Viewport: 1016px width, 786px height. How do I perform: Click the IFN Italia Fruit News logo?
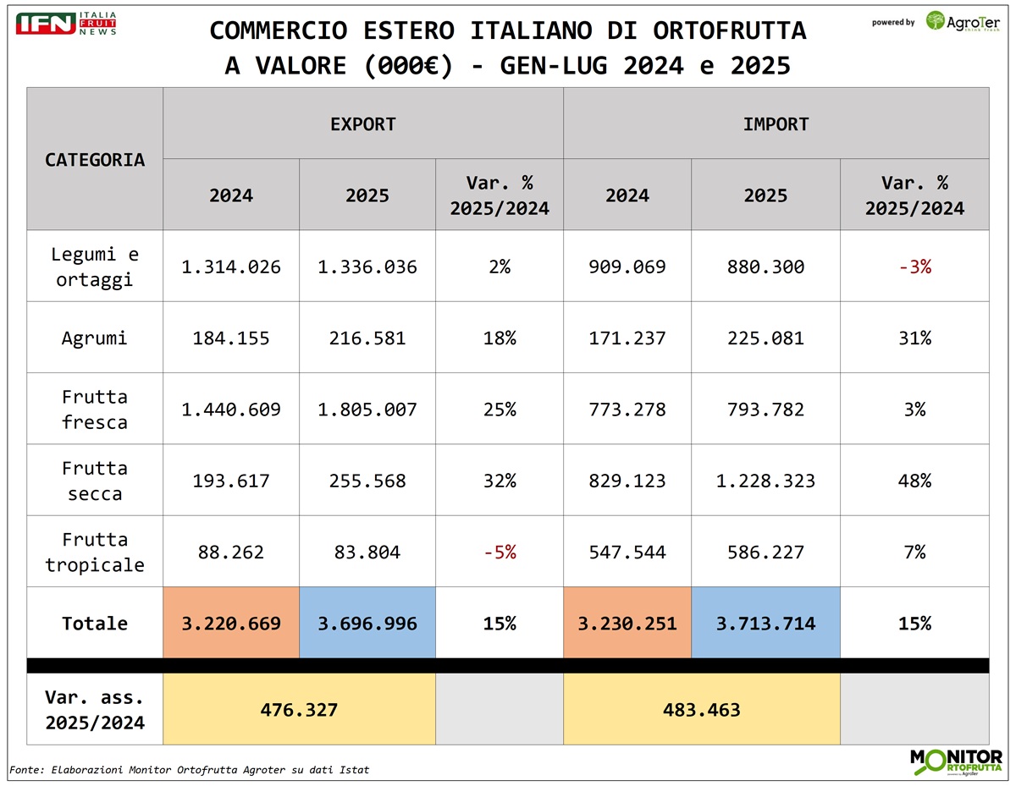point(66,24)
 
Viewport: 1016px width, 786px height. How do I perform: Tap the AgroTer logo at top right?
point(964,21)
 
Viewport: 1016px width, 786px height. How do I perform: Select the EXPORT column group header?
point(363,124)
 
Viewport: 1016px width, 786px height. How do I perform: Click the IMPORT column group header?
point(776,124)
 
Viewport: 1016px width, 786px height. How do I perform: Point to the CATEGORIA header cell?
point(95,159)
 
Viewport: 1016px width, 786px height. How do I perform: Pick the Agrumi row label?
point(95,338)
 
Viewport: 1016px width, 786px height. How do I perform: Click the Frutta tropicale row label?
point(95,552)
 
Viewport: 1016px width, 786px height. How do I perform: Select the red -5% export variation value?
point(500,552)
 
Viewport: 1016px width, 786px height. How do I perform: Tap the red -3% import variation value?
point(914,267)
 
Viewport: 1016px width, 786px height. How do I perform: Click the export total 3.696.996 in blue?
point(367,624)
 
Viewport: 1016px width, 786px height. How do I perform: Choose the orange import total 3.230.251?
point(627,624)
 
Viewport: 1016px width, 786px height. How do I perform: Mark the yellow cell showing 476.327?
point(299,710)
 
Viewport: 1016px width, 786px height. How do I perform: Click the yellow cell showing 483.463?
point(702,710)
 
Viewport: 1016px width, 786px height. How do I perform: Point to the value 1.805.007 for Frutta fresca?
point(367,409)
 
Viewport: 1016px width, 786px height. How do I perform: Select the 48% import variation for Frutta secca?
point(914,481)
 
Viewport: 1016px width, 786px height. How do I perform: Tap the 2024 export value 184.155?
point(231,338)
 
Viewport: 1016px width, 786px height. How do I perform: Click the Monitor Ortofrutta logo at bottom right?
point(956,761)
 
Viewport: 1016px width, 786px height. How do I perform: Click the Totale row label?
point(95,624)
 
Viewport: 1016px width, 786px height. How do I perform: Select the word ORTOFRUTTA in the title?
point(730,30)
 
